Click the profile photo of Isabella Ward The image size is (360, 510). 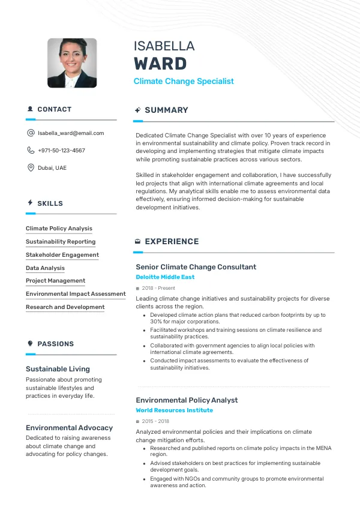click(x=72, y=63)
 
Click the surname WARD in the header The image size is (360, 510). click(x=160, y=64)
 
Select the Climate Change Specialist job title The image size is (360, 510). click(x=184, y=82)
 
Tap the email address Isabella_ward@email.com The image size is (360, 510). click(x=71, y=133)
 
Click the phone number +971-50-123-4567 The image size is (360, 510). click(x=61, y=151)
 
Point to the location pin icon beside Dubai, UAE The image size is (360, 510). click(x=31, y=168)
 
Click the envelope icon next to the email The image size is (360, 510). click(x=31, y=133)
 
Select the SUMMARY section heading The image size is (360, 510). click(x=166, y=110)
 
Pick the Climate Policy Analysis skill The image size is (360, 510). click(x=59, y=229)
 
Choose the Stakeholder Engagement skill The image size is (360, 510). click(x=62, y=255)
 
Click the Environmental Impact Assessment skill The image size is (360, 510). click(x=76, y=294)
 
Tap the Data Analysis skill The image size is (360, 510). click(x=45, y=268)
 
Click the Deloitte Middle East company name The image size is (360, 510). click(x=165, y=277)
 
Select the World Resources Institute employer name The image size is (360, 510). click(x=174, y=410)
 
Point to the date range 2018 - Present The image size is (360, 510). click(x=158, y=288)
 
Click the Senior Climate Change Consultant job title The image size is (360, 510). click(x=196, y=267)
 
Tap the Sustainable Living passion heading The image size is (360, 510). click(x=58, y=369)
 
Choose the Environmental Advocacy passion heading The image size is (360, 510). click(x=69, y=428)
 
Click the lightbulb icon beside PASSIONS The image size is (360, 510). click(x=30, y=344)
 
